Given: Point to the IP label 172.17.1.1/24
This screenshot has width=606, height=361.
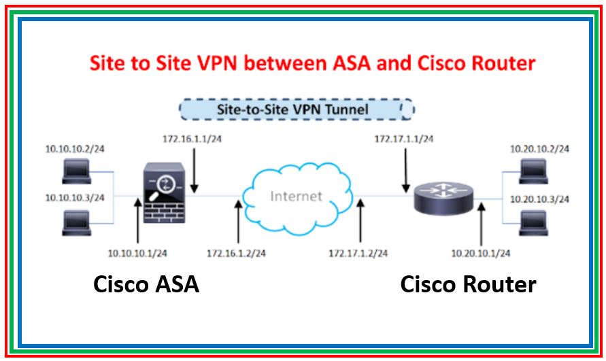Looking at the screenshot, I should (404, 139).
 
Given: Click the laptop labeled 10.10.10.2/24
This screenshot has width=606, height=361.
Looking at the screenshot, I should (75, 171).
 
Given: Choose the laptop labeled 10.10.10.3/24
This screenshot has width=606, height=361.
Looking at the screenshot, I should (75, 222).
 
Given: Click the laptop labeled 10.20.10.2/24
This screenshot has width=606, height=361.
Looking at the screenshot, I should (533, 171).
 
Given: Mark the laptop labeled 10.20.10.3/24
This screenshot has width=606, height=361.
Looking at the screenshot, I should (533, 222).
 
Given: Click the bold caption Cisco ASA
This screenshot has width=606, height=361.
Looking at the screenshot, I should (146, 284).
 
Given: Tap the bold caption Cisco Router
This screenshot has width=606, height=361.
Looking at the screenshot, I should (468, 284).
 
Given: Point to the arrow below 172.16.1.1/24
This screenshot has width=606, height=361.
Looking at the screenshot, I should (195, 170).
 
